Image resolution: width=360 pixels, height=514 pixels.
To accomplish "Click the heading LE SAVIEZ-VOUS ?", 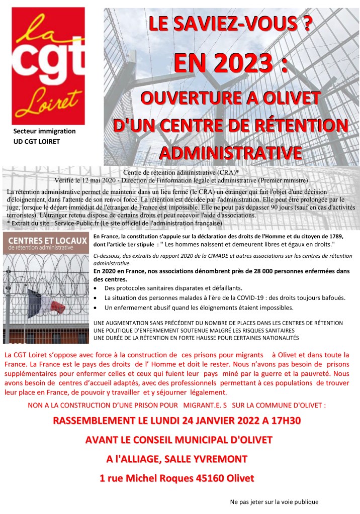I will point(228,24).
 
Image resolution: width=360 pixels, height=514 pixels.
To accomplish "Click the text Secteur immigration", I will point(45,131).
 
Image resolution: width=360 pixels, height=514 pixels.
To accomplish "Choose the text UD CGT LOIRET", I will point(37,141).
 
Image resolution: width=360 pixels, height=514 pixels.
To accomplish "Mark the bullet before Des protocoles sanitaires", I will point(96,288).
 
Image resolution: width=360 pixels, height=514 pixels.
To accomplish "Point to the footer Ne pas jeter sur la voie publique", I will point(275,501).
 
